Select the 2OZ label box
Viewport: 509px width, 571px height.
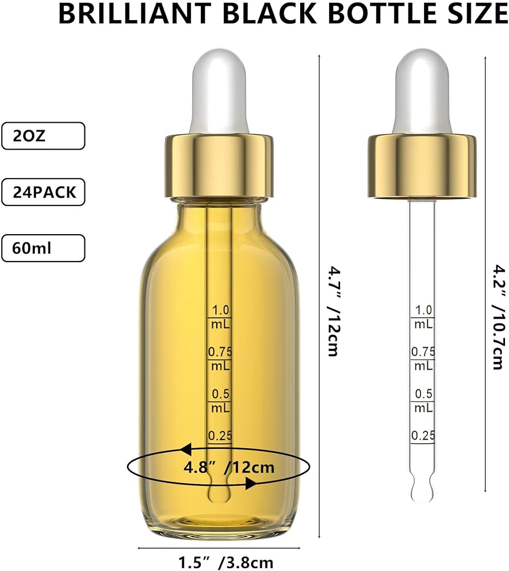(x=43, y=136)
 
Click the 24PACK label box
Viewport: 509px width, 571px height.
(x=43, y=192)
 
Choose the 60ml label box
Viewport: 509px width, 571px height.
(x=43, y=248)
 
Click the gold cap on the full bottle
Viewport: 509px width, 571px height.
(x=219, y=166)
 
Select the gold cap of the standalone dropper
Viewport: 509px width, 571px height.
(x=422, y=166)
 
